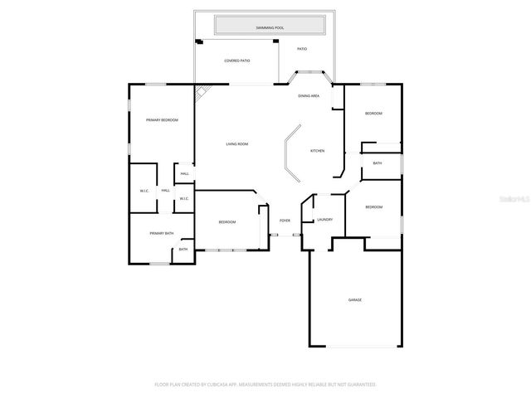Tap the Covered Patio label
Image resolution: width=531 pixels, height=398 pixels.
(237, 61)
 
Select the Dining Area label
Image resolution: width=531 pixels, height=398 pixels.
(309, 96)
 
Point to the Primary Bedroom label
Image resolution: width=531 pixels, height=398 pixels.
(162, 120)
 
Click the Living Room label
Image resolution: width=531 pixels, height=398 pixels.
(237, 144)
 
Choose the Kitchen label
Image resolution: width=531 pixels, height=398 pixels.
(317, 151)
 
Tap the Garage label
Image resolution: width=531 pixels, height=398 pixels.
(354, 299)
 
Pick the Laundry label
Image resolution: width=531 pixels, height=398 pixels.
(324, 220)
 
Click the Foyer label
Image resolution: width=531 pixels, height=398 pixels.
(285, 221)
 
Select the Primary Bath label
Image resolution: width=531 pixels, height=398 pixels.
(161, 234)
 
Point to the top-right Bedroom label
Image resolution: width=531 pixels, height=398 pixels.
(373, 114)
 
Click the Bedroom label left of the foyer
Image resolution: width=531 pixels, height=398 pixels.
(227, 222)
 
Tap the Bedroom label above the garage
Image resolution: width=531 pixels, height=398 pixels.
(373, 207)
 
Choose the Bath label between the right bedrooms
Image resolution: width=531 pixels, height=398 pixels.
(378, 163)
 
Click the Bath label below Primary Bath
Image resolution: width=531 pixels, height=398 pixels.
(183, 250)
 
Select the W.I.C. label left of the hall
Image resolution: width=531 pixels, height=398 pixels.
(144, 192)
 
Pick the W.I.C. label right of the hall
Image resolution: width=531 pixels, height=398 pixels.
(184, 198)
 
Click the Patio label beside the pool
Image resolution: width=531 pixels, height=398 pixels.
(302, 49)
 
